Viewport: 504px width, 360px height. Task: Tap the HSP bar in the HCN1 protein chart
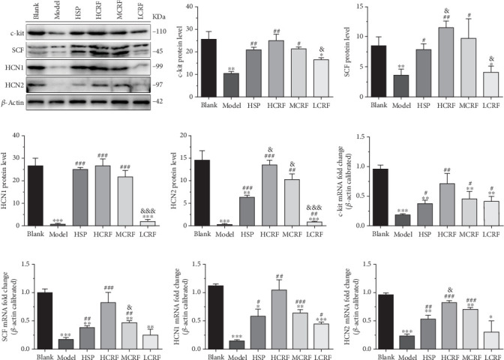tap(72, 197)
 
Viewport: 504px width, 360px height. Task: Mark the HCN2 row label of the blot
tap(13, 83)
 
